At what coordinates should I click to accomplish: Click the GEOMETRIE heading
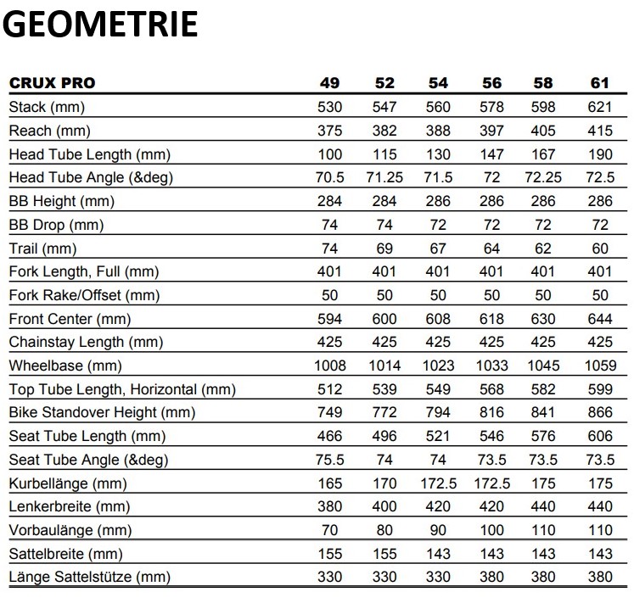coord(100,25)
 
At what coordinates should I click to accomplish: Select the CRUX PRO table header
coord(52,83)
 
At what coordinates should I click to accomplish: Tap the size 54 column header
coord(438,83)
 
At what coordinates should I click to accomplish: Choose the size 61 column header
coord(599,83)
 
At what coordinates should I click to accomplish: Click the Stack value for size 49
coord(329,107)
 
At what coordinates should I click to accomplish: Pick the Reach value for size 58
coord(544,131)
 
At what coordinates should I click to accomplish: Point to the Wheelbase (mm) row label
coord(65,366)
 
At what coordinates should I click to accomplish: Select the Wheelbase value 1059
coord(599,366)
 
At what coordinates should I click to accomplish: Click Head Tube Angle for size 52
coord(384,178)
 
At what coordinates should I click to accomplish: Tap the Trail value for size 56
coord(491,248)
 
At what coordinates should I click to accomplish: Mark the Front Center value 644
coord(599,319)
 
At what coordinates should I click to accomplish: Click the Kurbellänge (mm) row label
coord(67,483)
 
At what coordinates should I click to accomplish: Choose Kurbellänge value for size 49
coord(329,483)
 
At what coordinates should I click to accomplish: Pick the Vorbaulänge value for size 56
coord(491,530)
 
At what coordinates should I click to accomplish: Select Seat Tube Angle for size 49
coord(329,460)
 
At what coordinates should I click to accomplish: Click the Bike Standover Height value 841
coord(544,413)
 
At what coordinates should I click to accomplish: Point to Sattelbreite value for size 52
coord(384,554)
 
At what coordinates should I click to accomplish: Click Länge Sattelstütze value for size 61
coord(599,578)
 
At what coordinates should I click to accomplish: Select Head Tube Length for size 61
coord(599,154)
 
